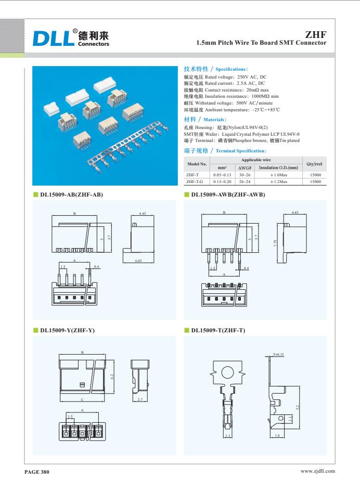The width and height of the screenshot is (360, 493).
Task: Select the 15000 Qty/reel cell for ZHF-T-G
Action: point(315,183)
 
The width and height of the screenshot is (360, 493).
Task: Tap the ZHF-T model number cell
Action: point(194,177)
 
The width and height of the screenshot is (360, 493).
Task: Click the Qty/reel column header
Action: point(315,164)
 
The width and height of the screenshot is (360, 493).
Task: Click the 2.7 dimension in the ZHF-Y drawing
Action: point(139,399)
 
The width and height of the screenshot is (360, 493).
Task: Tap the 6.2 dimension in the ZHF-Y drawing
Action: point(112,376)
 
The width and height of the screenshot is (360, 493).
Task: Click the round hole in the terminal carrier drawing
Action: point(227,372)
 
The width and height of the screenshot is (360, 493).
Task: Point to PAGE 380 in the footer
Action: point(38,472)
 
